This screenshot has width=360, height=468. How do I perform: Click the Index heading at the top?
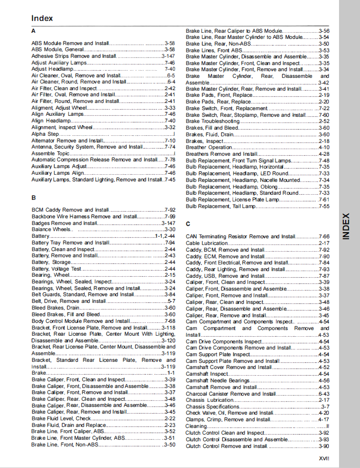point(42,18)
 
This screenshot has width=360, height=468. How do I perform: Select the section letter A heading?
point(33,31)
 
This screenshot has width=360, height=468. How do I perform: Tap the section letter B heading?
point(33,197)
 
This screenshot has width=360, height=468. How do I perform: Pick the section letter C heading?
point(188,223)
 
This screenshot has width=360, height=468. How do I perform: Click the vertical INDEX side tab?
point(346,226)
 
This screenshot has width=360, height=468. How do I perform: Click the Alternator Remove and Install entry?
point(67,140)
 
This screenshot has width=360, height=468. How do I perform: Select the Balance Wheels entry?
point(51,230)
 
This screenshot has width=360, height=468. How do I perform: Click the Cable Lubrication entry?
point(207,243)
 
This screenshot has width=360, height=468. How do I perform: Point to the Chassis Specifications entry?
point(212,406)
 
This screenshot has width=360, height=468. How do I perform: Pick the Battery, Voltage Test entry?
point(56,269)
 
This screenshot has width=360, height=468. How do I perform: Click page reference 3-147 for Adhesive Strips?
point(168,56)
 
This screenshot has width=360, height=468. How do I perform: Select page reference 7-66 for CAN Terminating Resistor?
point(324,236)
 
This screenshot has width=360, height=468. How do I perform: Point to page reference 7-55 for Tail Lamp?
point(324,206)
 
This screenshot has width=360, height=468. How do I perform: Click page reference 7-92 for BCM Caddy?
point(170,210)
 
